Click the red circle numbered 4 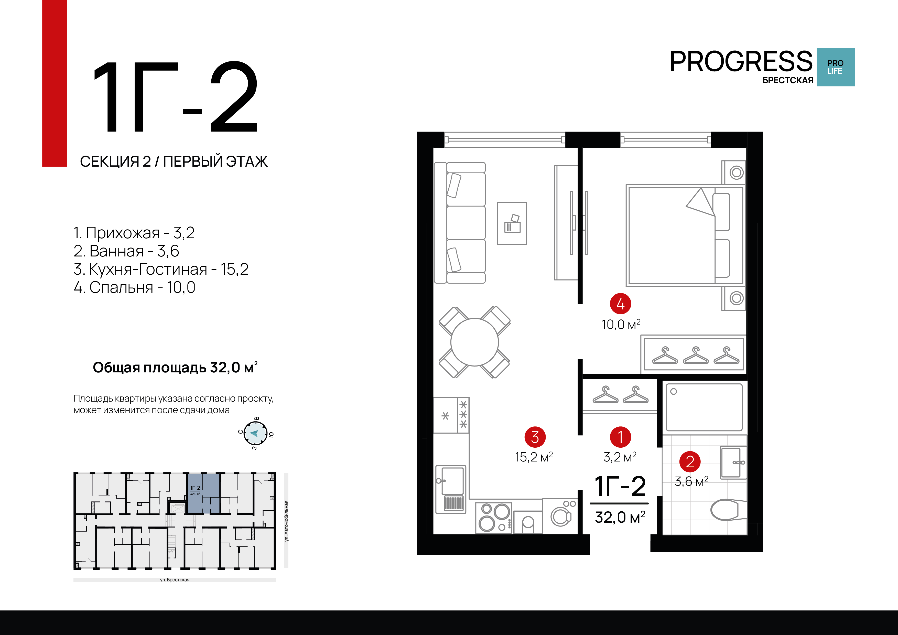pyautogui.click(x=620, y=304)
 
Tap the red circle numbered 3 pyautogui.click(x=535, y=437)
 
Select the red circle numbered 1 pyautogui.click(x=620, y=437)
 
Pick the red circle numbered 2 pyautogui.click(x=690, y=462)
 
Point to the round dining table pyautogui.click(x=474, y=342)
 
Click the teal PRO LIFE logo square pyautogui.click(x=835, y=67)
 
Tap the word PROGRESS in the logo pyautogui.click(x=741, y=62)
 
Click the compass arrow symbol pyautogui.click(x=255, y=433)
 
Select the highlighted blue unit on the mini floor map pyautogui.click(x=204, y=493)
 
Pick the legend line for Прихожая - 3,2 pyautogui.click(x=134, y=233)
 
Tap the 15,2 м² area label pyautogui.click(x=534, y=457)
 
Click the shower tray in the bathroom pyautogui.click(x=704, y=407)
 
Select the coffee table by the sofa pyautogui.click(x=512, y=223)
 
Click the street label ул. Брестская pyautogui.click(x=175, y=580)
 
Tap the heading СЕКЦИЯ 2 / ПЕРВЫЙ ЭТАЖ pyautogui.click(x=174, y=161)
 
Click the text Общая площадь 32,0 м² pyautogui.click(x=175, y=367)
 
